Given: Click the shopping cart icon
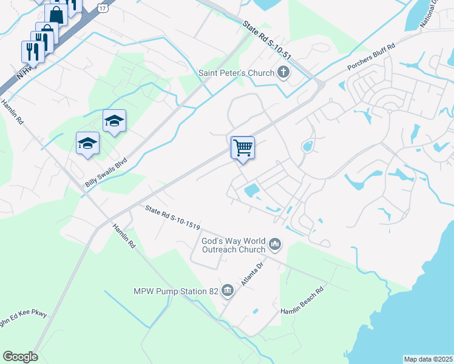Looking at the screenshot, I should [243, 147].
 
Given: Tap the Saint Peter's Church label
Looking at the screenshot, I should [237, 73].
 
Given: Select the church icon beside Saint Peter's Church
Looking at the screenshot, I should [282, 73].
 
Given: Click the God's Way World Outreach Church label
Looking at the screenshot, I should [234, 245].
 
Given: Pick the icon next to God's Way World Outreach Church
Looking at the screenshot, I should [275, 244].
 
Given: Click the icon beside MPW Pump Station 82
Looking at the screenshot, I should [228, 291].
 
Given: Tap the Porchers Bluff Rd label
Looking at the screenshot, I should [371, 56].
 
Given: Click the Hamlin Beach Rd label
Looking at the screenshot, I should [303, 303].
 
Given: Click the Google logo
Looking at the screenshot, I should [20, 357].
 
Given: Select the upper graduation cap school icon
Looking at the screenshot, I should [114, 121].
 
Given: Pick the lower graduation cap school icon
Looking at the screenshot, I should [87, 144].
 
